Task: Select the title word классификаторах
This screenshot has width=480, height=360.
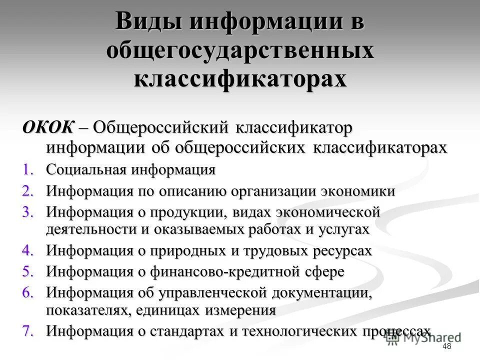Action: [x=240, y=79]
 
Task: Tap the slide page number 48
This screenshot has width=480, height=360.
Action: [x=447, y=347]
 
